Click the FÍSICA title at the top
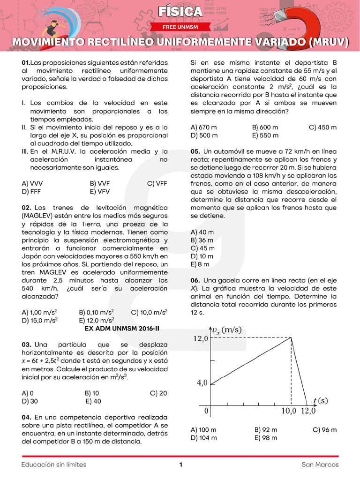click(180, 12)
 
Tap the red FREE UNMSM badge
click(180, 27)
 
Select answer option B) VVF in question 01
click(99, 184)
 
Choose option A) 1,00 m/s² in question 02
click(40, 312)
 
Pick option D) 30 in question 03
click(30, 401)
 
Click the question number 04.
click(27, 417)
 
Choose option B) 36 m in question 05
click(202, 240)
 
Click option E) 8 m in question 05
click(200, 264)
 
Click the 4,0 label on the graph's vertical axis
click(202, 382)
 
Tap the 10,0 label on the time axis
click(289, 411)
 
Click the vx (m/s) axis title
click(227, 330)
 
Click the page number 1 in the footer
click(180, 465)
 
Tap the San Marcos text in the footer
click(320, 465)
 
